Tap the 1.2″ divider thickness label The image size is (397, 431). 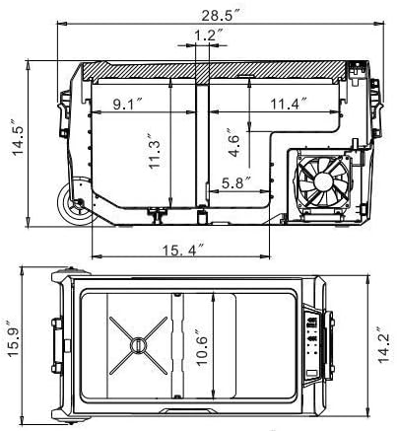coord(203,36)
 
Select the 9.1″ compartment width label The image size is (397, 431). coord(130,103)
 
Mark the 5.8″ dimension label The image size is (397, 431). coord(234,182)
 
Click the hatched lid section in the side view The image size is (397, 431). coord(212,71)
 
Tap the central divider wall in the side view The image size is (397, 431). coord(200,148)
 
